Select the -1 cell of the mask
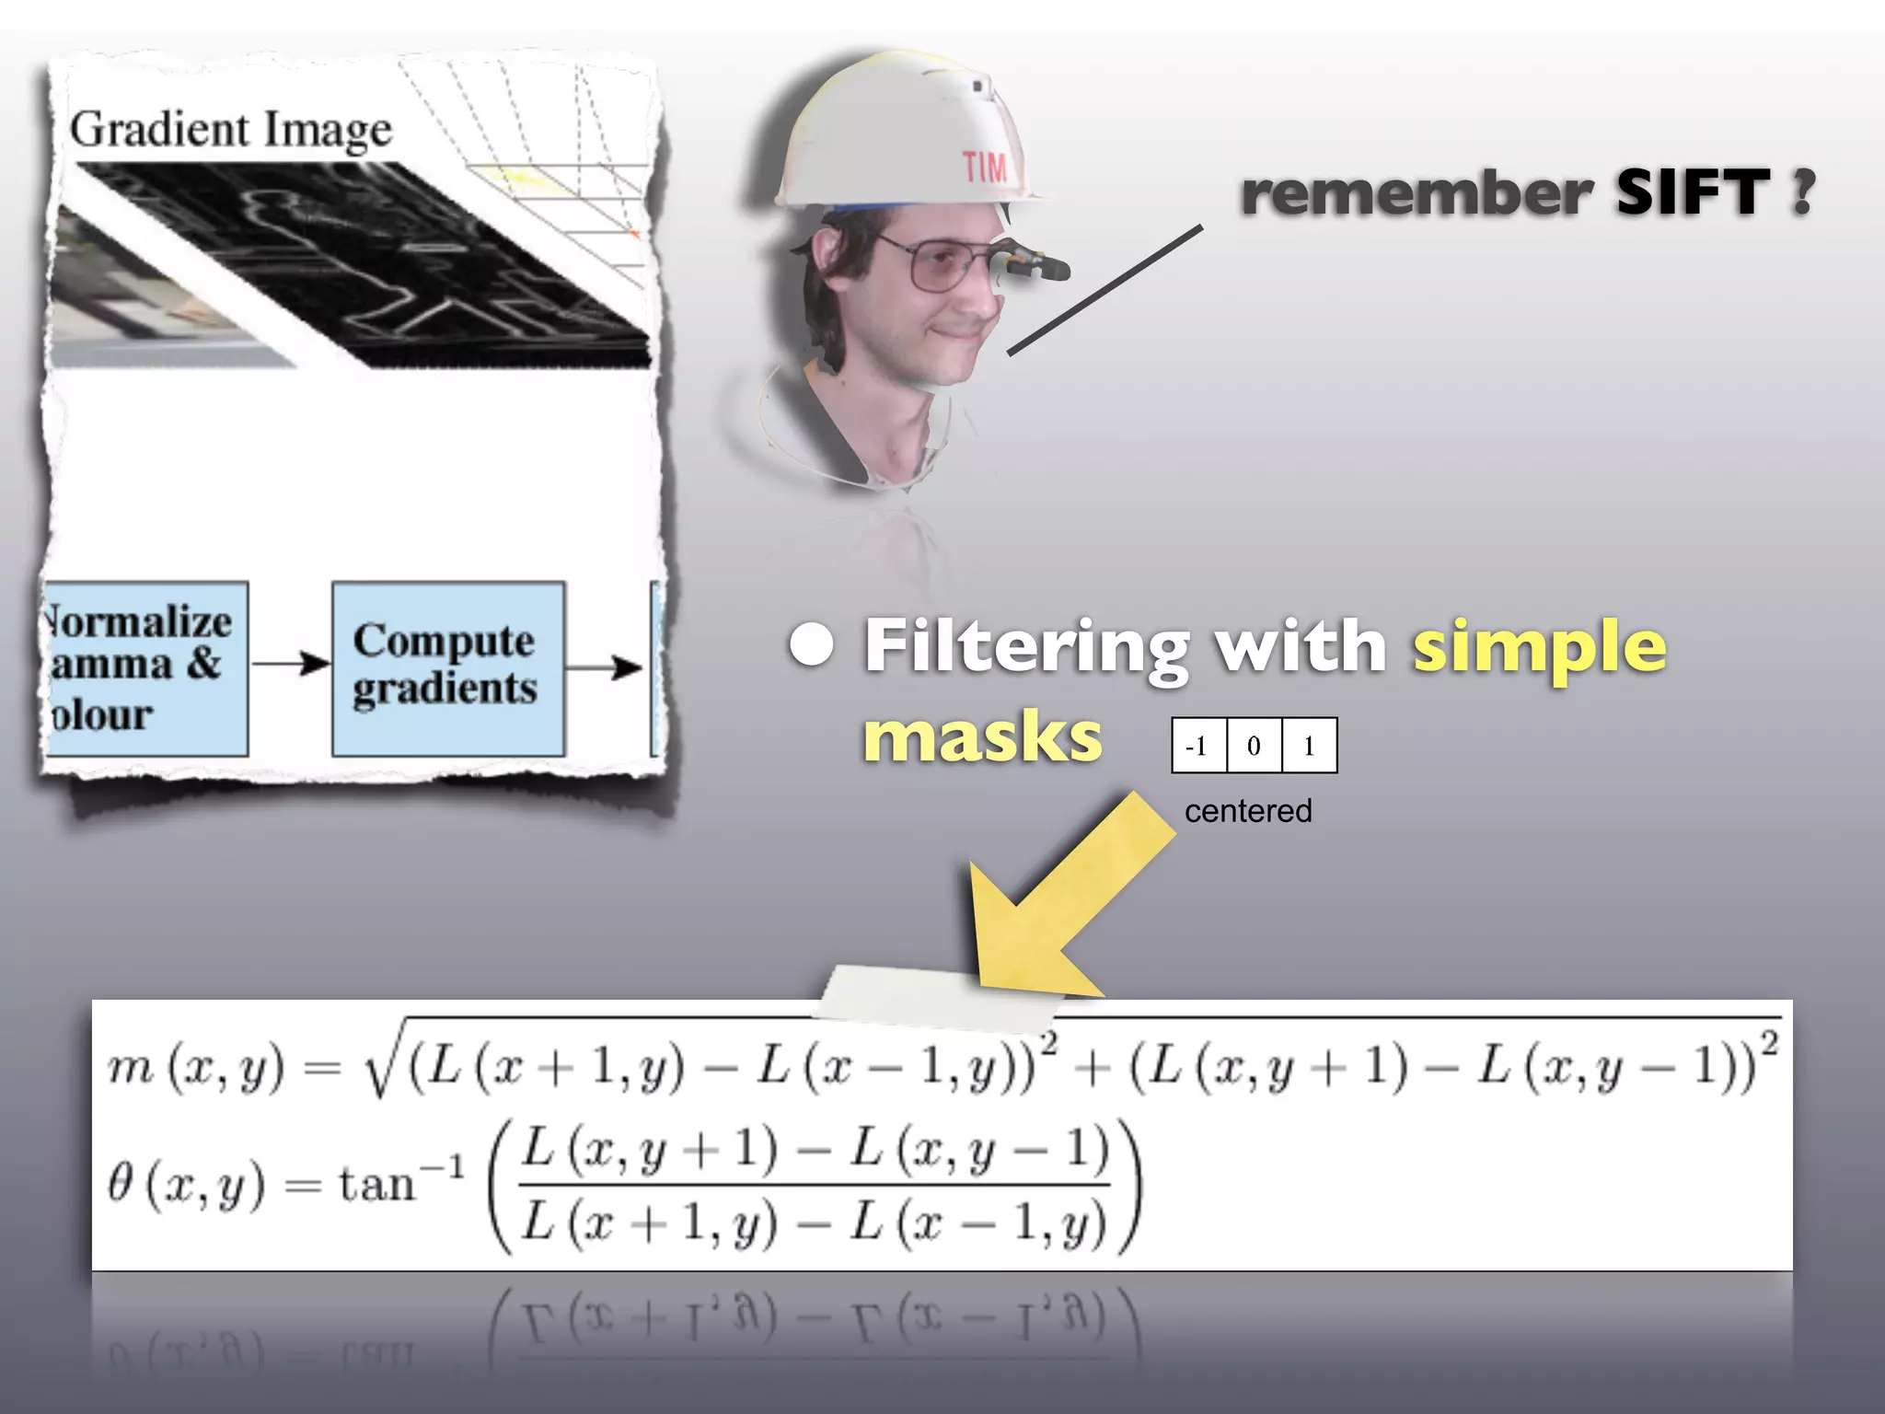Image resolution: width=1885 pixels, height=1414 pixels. tap(1198, 746)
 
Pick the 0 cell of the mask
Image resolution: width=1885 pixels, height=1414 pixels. tap(1254, 746)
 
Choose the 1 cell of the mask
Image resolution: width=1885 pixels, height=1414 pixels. tap(1309, 746)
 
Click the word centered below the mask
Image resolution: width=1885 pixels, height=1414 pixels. tap(1248, 811)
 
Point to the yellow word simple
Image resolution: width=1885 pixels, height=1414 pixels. tap(1539, 648)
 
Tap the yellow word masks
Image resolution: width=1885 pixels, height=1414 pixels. tap(982, 737)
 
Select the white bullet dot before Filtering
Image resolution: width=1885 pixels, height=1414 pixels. tap(812, 645)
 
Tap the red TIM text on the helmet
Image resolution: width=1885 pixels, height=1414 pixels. tap(985, 168)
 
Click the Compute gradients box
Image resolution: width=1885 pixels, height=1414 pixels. tap(447, 667)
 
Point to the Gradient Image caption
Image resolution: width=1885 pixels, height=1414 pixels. tap(231, 129)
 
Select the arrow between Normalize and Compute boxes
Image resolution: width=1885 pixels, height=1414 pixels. tap(290, 663)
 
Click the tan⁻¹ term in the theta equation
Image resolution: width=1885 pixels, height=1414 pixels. tap(400, 1182)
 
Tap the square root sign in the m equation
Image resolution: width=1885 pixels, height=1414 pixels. tap(380, 1068)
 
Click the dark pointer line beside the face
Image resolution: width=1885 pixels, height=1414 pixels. tap(1104, 289)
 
